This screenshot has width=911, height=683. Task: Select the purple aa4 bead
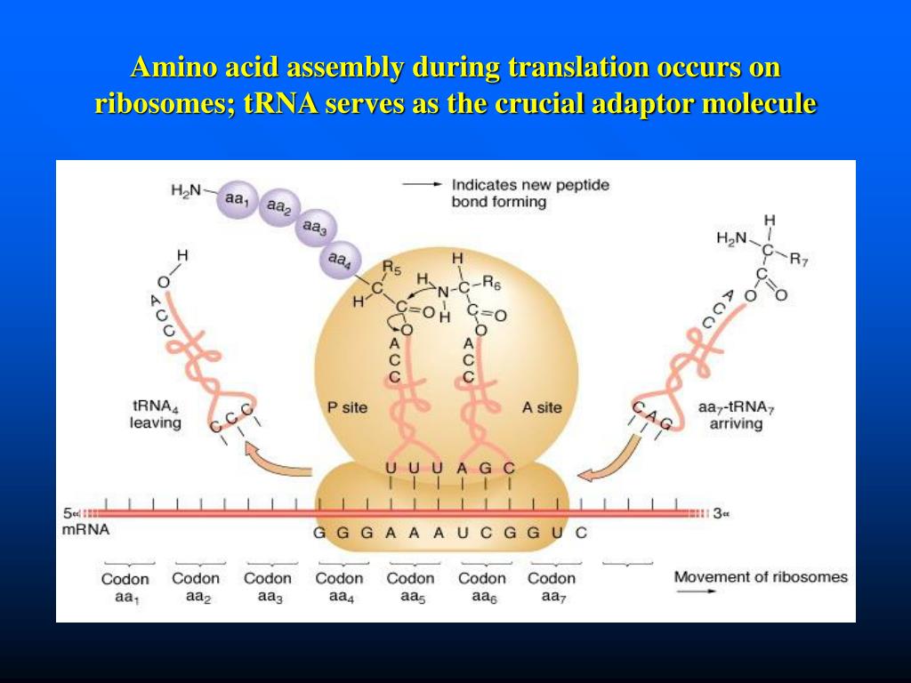(x=339, y=260)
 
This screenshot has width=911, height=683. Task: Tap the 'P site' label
(x=348, y=407)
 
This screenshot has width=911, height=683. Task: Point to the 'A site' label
(x=542, y=407)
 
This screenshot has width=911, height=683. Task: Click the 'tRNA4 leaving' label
(x=156, y=415)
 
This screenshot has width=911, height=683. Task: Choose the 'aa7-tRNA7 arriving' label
(x=736, y=415)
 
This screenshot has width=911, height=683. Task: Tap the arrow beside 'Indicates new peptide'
(x=421, y=184)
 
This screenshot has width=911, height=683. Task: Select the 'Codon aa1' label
(x=125, y=587)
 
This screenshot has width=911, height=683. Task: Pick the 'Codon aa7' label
(x=552, y=587)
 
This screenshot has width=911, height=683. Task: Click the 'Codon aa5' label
(x=410, y=587)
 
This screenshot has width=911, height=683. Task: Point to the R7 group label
(x=799, y=261)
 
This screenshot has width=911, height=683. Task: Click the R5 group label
(x=391, y=266)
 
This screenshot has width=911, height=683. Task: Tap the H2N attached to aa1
(x=187, y=189)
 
